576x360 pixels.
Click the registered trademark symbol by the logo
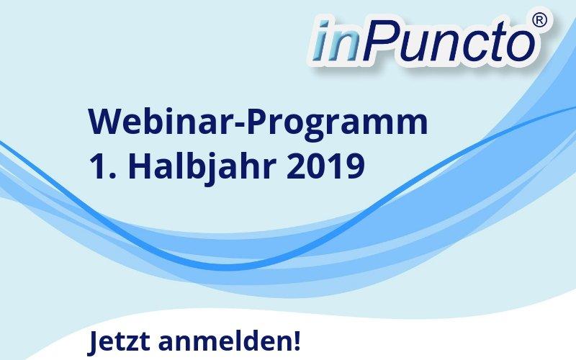(x=539, y=19)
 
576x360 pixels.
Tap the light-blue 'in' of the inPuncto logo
(x=337, y=41)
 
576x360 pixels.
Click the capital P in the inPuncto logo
(x=379, y=41)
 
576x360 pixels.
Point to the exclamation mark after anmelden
(x=297, y=341)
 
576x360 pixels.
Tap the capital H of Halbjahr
(x=138, y=166)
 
